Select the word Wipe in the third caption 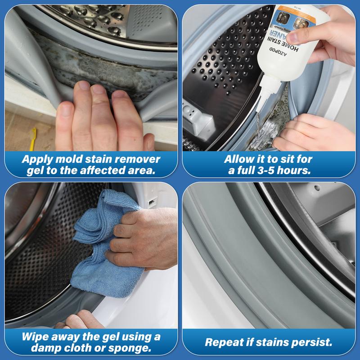(36, 337)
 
